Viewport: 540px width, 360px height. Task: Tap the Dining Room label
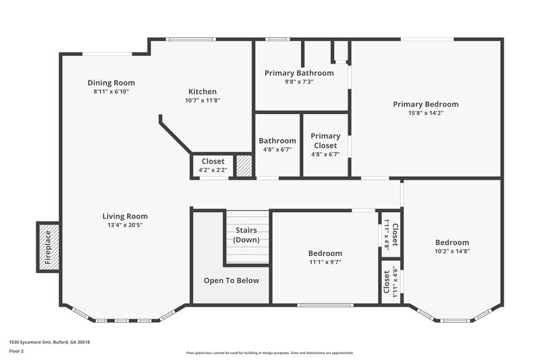pos(111,82)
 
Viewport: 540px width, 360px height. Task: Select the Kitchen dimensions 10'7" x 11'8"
pos(202,100)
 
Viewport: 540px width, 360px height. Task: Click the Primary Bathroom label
pos(299,73)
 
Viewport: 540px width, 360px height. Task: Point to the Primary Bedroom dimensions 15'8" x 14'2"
pos(426,113)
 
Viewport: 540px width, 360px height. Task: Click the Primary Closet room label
pos(325,140)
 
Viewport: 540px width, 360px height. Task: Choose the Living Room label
pos(125,216)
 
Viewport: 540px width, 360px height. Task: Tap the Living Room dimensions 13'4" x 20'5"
pos(125,225)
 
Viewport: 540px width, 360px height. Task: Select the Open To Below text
pos(232,280)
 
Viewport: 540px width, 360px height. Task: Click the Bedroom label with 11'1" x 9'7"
pos(325,253)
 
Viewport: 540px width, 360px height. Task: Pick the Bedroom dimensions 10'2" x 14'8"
pos(452,251)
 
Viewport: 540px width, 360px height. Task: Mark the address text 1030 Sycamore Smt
pos(49,342)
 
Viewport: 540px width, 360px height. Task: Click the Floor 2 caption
pos(18,352)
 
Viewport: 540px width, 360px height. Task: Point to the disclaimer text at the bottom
pos(269,353)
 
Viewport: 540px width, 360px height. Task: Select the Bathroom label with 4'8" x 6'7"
pos(277,140)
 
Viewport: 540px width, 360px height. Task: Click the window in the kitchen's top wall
pos(188,39)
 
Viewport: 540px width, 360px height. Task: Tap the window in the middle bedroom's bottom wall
pos(325,305)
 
